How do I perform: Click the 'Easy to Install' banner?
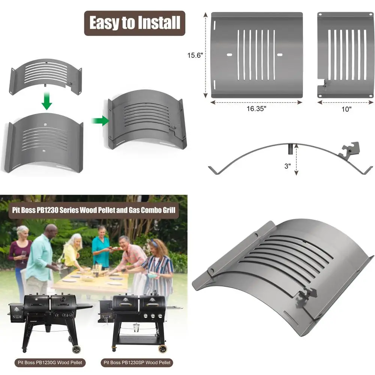[134, 23]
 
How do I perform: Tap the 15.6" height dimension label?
[195, 55]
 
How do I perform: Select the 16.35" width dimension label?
[256, 109]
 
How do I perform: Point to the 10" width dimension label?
[346, 109]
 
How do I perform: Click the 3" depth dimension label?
[288, 165]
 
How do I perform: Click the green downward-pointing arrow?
[46, 101]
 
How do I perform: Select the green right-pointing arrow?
[99, 120]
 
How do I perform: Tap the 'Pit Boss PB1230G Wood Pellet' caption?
[50, 363]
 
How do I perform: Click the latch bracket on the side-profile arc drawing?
[349, 150]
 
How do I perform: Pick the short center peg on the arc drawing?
[290, 149]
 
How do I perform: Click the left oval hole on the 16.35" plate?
[229, 55]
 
